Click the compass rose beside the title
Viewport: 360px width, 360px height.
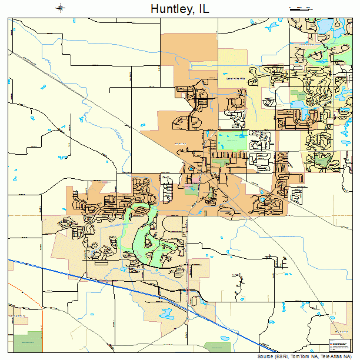tap(61, 8)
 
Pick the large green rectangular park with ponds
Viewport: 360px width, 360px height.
tap(232, 142)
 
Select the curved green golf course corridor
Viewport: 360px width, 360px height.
tap(141, 235)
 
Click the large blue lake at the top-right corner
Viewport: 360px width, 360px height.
tap(325, 27)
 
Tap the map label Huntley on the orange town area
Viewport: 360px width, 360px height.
tap(179, 143)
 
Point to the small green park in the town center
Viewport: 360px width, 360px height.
tap(192, 189)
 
